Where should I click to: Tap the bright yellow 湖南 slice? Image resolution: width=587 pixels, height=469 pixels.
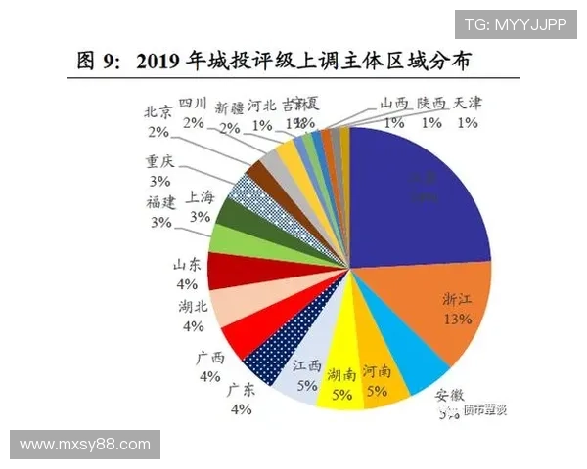pyautogui.click(x=339, y=376)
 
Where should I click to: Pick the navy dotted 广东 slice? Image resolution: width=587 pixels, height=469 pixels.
pyautogui.click(x=273, y=358)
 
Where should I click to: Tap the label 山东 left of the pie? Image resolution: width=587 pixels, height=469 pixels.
pyautogui.click(x=186, y=265)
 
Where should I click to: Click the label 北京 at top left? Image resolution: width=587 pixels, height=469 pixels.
pyautogui.click(x=158, y=111)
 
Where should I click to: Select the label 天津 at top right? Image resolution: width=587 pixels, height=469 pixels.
pyautogui.click(x=469, y=104)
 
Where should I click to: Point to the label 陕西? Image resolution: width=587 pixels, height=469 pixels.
pyautogui.click(x=431, y=104)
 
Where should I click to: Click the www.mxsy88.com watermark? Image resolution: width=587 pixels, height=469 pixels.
pyautogui.click(x=85, y=445)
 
